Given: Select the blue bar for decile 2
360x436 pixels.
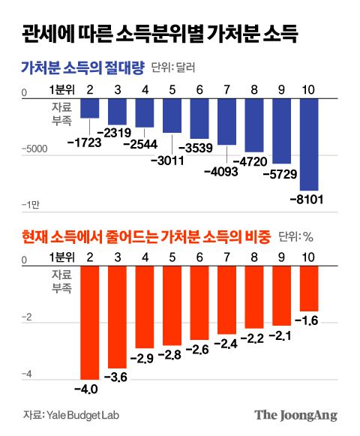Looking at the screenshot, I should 90,107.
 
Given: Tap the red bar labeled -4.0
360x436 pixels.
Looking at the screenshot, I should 90,323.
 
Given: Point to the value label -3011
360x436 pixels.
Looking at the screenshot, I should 167,160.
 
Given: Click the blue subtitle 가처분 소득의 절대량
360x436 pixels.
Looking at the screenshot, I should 82,67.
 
